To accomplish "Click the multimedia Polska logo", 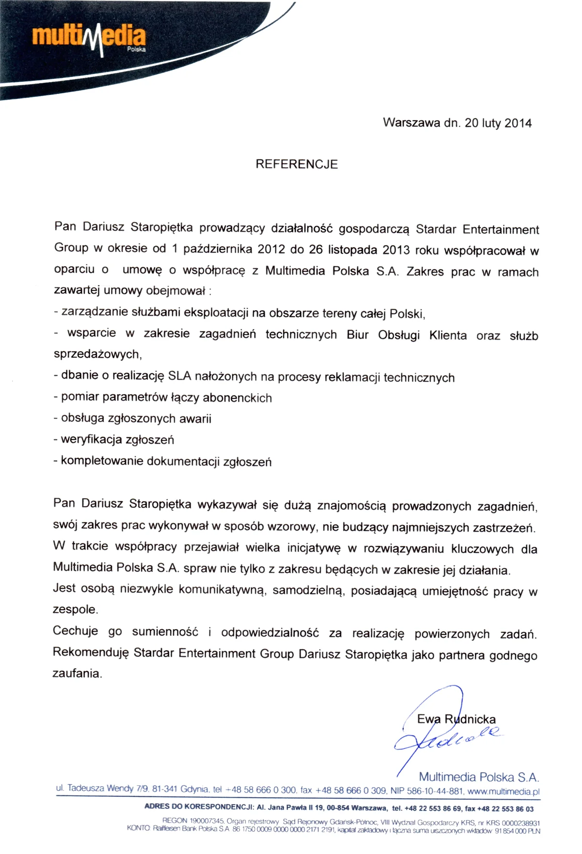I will (x=89, y=39).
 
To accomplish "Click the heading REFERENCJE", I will (x=296, y=164).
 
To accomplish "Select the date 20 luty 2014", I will (x=498, y=123).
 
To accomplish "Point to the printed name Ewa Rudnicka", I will (x=456, y=719).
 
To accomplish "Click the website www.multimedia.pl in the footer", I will (x=503, y=791).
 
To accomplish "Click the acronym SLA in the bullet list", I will (x=179, y=376).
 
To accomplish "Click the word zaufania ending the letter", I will (x=77, y=673).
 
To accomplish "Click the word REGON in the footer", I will (x=175, y=821).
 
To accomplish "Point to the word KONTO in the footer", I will (x=139, y=828).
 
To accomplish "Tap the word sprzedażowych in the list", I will (x=97, y=354).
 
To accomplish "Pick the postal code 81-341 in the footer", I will (x=164, y=789).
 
